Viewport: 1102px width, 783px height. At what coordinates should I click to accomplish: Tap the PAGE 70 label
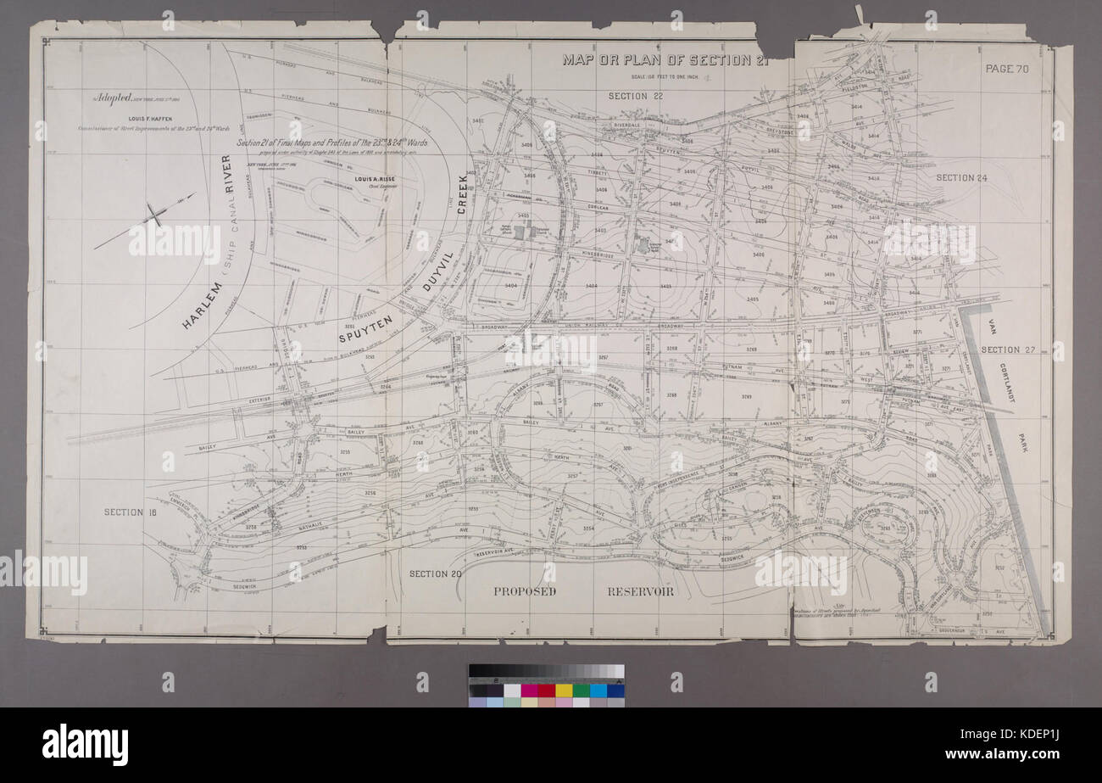[x=1006, y=70]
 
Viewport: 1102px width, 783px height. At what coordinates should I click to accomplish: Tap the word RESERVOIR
[x=640, y=591]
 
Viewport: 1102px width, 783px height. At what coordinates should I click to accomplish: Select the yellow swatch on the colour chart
[x=564, y=690]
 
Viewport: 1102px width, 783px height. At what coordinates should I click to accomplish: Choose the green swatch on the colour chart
[x=582, y=690]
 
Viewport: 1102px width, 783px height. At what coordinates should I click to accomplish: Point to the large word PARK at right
[x=1024, y=442]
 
